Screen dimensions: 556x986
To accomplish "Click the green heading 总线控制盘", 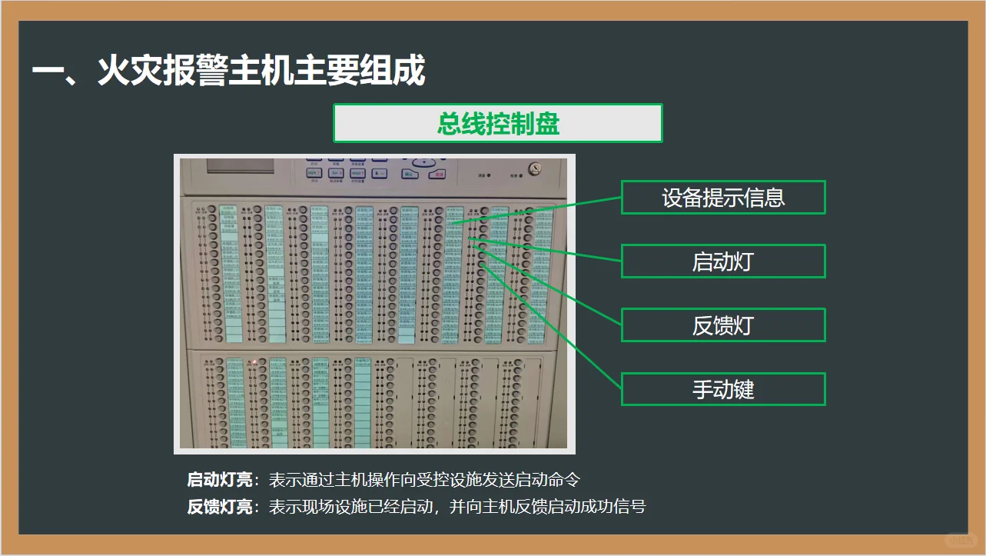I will tap(497, 124).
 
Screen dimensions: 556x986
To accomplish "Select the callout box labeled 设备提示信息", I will tap(722, 198).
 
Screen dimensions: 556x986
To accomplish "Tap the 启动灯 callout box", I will tap(722, 261).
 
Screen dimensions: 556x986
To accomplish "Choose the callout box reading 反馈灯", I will tap(722, 325).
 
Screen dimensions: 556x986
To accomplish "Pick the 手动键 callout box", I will tap(722, 389).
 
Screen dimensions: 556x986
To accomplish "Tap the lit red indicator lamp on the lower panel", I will tap(254, 361).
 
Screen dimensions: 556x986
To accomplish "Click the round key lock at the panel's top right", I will tap(533, 168).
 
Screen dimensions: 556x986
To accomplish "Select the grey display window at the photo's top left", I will tap(238, 167).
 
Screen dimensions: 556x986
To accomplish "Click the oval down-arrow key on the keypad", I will tap(423, 163).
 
